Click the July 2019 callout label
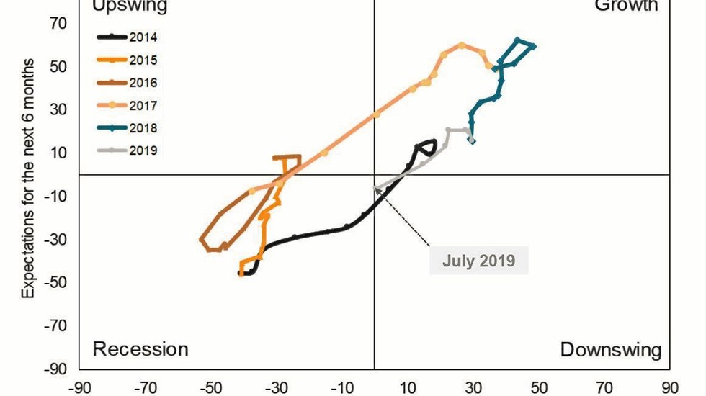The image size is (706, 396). (479, 260)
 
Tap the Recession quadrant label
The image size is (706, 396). (140, 349)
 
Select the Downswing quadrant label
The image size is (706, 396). (611, 350)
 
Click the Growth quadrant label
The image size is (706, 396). (626, 6)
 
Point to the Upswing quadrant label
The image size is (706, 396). (130, 6)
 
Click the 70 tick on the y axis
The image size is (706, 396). (58, 24)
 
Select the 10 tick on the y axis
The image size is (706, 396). (58, 153)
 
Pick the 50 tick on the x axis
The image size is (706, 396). (539, 386)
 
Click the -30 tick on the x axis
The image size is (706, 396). (276, 386)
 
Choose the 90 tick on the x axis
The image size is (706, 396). (670, 386)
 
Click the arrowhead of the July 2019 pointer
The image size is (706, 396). (377, 190)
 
